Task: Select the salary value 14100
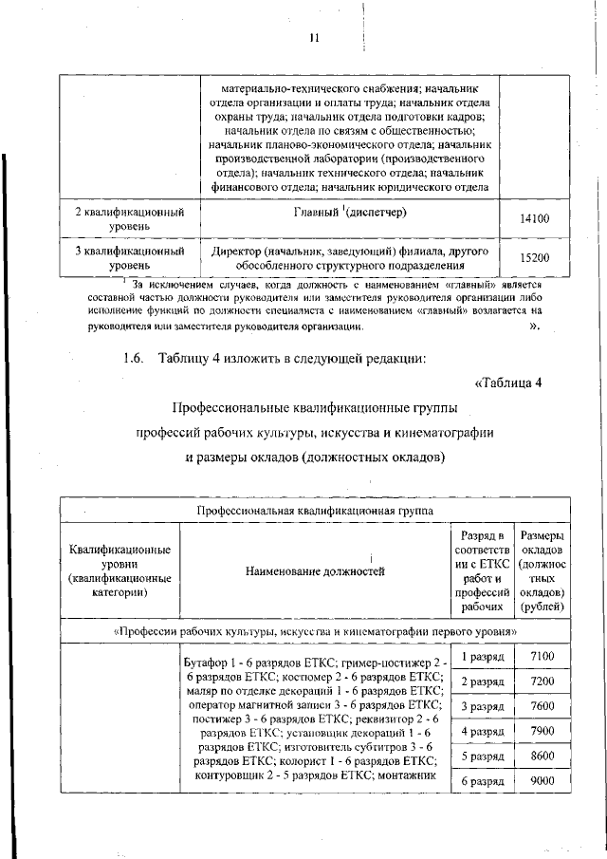pos(535,218)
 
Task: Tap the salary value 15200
pos(535,257)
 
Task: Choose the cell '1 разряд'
pos(481,657)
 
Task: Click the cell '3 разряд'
pos(481,706)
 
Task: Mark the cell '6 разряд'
pos(481,780)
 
